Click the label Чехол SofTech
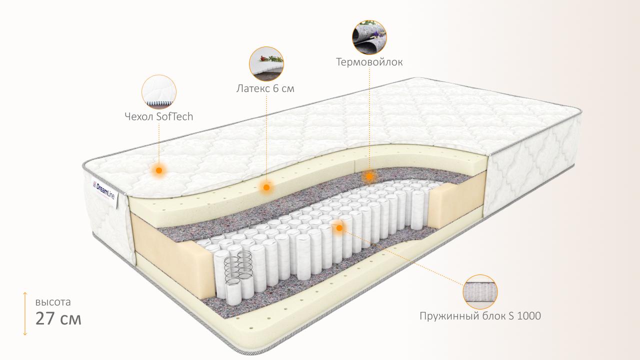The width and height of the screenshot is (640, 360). point(158,116)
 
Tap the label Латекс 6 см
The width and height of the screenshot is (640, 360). point(265,89)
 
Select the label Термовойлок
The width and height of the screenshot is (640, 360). point(369,62)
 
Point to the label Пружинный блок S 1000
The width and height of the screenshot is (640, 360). point(480,316)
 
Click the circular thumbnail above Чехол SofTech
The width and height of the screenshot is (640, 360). point(159,92)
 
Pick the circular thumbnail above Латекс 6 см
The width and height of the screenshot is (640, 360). point(266,64)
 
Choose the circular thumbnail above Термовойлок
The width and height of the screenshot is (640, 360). point(369,37)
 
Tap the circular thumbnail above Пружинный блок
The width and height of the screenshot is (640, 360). point(480,291)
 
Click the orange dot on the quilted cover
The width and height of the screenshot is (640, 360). point(159,170)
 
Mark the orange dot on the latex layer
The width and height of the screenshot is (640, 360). point(266,187)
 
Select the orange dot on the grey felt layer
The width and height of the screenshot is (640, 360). point(369,176)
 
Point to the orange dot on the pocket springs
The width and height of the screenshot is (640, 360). point(339,228)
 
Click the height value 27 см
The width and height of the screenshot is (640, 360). point(58,318)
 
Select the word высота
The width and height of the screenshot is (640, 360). point(53,302)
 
